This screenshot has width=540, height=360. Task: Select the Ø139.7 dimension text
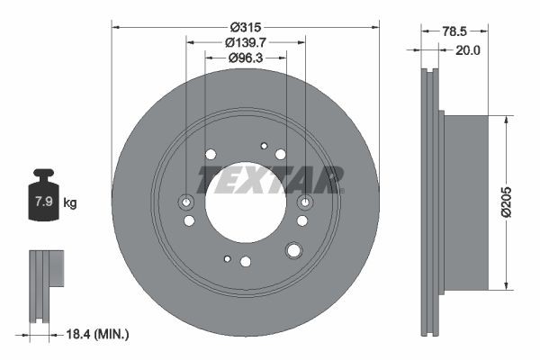coord(246,42)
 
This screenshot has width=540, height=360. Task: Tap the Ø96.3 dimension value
coord(246,58)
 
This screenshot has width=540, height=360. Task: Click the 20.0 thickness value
coord(467,50)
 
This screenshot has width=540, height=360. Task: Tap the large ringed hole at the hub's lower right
coord(294,250)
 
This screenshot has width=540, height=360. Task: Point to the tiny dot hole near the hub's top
coord(264,146)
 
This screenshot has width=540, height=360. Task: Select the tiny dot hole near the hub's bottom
coord(227,259)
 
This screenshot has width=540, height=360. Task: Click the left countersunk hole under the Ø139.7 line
coord(187,202)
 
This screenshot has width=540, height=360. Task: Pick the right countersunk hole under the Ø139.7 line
coord(304,202)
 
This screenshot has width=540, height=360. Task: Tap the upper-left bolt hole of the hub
coord(211,154)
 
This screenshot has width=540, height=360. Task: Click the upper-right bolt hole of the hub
coord(281,154)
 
